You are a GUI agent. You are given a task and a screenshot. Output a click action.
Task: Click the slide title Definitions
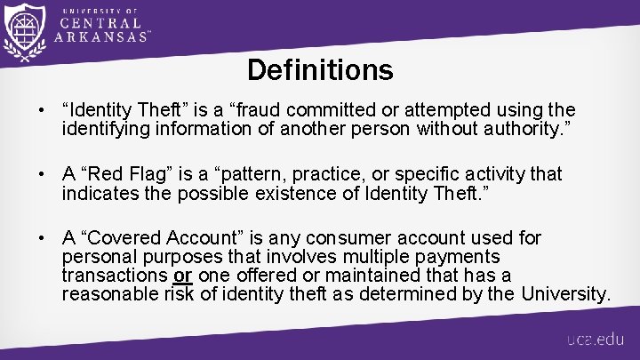[320, 69]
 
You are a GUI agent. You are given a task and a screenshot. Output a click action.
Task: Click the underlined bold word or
[183, 276]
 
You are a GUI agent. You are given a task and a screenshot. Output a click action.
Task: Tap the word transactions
[115, 276]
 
